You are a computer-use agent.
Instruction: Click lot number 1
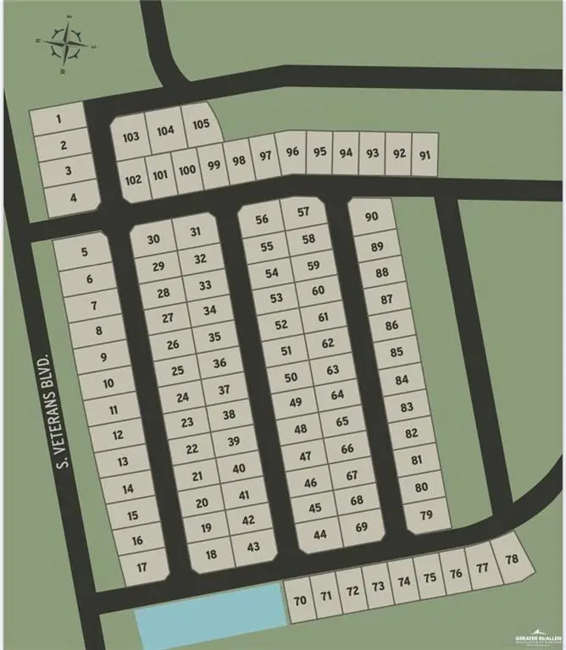click(x=58, y=119)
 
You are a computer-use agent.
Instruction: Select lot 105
click(x=201, y=124)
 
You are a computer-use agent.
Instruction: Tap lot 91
click(x=425, y=155)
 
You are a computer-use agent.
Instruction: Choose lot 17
click(x=141, y=566)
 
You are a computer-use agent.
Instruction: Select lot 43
click(x=252, y=547)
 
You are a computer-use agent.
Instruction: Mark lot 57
click(x=303, y=212)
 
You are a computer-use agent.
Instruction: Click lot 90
click(x=371, y=217)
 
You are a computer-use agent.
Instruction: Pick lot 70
click(x=299, y=601)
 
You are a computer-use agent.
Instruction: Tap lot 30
click(x=153, y=240)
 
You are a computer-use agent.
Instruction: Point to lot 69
click(x=362, y=527)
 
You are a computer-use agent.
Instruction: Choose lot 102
click(x=133, y=180)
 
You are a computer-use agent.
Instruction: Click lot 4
click(x=75, y=199)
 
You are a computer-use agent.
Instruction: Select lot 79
click(x=426, y=515)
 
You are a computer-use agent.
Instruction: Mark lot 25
click(x=178, y=371)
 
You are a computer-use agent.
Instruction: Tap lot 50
click(x=291, y=377)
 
